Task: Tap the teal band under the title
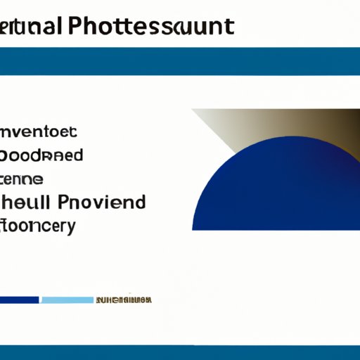pyautogui.click(x=180, y=61)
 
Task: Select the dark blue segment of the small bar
pyautogui.click(x=19, y=300)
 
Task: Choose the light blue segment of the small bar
pyautogui.click(x=67, y=300)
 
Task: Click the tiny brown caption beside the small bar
pyautogui.click(x=123, y=300)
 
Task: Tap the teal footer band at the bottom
pyautogui.click(x=180, y=352)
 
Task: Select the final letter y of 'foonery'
pyautogui.click(x=68, y=229)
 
